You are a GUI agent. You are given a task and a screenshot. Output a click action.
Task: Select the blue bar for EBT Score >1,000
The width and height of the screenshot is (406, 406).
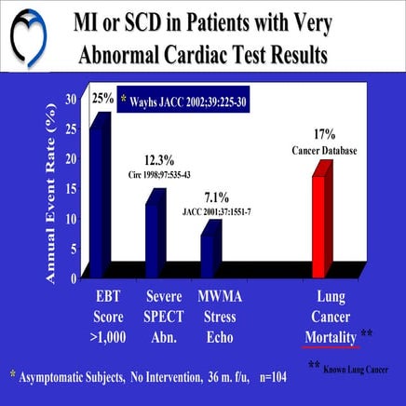click(x=98, y=186)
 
